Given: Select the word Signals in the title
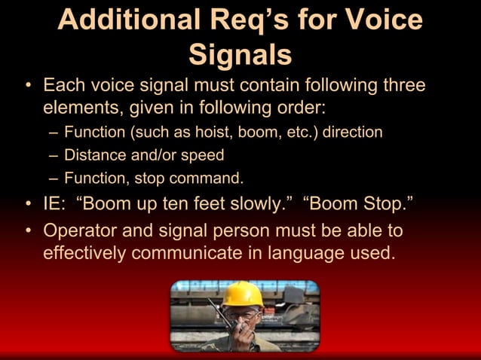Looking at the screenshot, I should (240, 54).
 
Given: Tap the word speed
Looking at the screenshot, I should (202, 156).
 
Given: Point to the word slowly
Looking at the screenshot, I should (250, 204).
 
